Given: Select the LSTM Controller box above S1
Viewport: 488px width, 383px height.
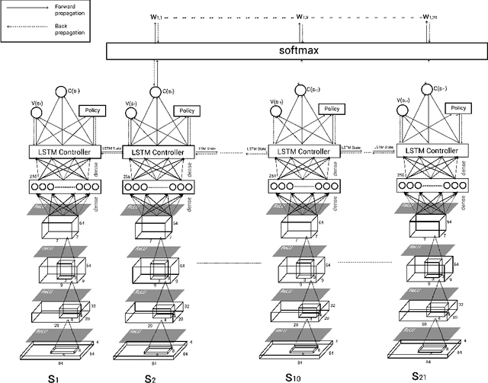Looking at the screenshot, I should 65,153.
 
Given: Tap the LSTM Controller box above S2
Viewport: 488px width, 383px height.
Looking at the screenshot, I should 159,153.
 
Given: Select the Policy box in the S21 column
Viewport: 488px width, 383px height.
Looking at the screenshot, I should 456,110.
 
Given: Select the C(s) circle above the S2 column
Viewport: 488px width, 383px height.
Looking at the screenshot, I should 156,92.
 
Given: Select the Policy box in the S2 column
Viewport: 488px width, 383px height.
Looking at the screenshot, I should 186,111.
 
